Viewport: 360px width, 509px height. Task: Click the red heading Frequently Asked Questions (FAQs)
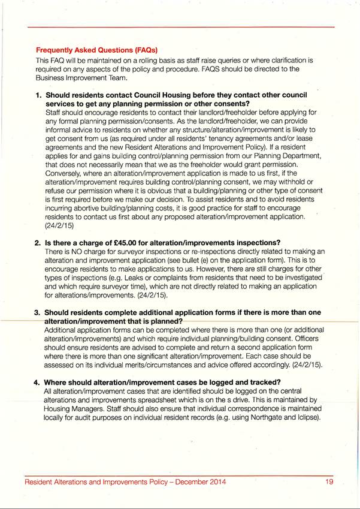96,49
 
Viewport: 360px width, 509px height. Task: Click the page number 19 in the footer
329,482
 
